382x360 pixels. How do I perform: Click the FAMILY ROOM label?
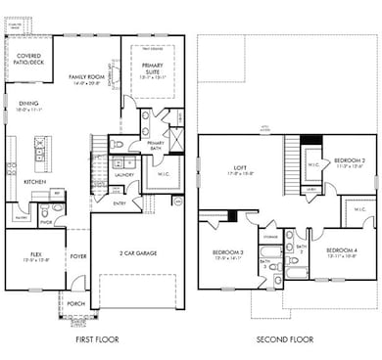[86, 75]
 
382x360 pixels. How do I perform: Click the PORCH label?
[76, 303]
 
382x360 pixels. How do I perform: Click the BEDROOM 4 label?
[342, 248]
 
